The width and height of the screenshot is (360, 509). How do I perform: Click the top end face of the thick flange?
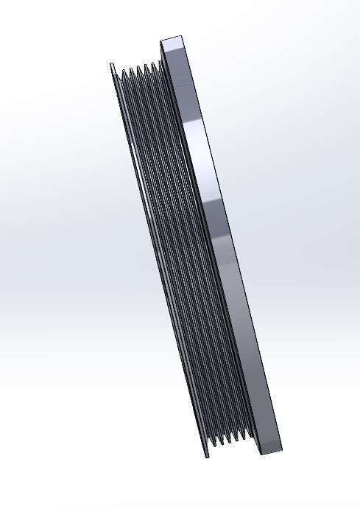click(174, 44)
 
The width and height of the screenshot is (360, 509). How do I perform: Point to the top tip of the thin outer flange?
click(112, 65)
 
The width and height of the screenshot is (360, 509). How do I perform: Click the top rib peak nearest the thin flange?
click(122, 70)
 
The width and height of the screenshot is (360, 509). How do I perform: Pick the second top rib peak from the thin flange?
click(131, 69)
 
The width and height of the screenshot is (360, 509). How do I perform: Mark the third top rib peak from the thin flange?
click(138, 67)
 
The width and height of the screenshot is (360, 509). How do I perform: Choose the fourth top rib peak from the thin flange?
click(146, 65)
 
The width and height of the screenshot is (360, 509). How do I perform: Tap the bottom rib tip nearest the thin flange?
click(215, 446)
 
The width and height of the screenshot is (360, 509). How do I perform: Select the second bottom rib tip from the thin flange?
click(222, 445)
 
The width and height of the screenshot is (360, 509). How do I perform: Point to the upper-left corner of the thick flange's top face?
click(160, 39)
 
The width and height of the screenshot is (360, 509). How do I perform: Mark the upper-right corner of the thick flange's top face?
click(186, 37)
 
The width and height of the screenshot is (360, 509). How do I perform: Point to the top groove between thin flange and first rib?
click(117, 73)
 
